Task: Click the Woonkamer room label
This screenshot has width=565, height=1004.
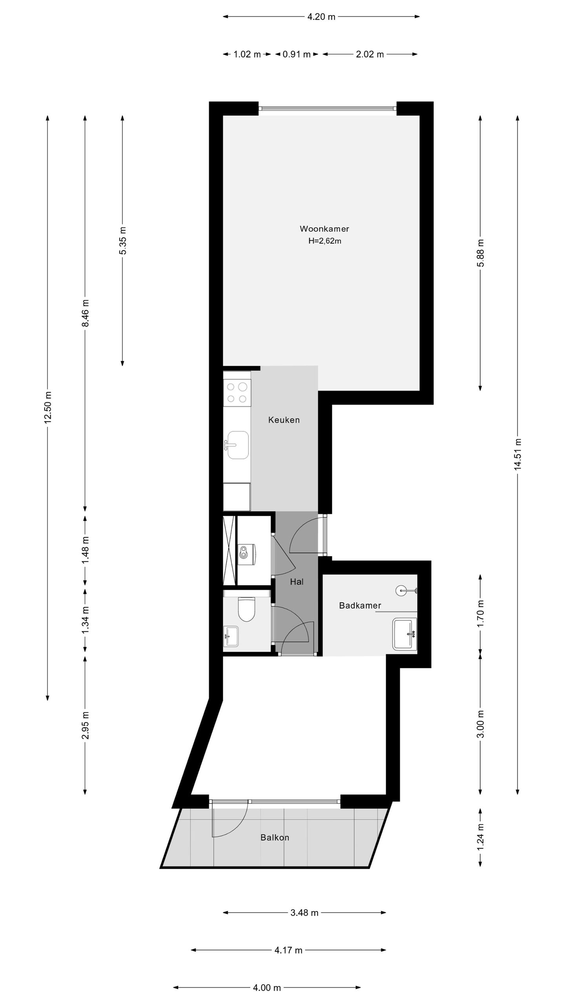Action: (324, 229)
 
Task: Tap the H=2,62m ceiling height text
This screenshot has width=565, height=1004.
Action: (324, 241)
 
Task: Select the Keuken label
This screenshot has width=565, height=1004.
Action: (284, 420)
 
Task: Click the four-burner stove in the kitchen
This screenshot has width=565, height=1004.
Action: (237, 393)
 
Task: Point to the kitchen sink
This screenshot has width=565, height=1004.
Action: (238, 445)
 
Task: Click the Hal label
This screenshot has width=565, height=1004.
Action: (297, 582)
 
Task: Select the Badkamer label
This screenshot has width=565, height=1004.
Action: (360, 606)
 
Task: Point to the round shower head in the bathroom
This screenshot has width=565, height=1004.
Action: (401, 590)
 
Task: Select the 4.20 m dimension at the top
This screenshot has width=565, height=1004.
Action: (321, 17)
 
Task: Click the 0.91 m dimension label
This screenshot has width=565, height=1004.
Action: (297, 55)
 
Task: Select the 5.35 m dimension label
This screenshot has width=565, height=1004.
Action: (123, 240)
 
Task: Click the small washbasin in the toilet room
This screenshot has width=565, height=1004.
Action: (231, 636)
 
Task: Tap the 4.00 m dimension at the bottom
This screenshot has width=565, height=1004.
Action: (267, 988)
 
